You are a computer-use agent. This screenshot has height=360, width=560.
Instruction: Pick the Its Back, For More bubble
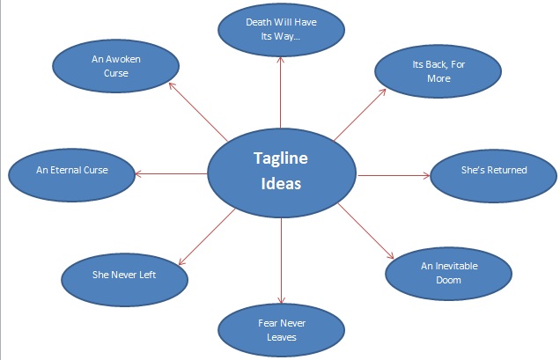tap(432, 71)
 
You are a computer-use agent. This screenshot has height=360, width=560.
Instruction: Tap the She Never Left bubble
tap(126, 276)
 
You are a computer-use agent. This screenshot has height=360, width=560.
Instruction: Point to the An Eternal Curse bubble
tap(72, 170)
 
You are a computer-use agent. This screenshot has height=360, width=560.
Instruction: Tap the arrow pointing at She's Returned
tap(392, 174)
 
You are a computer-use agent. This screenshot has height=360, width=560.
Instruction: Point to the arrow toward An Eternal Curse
tap(171, 173)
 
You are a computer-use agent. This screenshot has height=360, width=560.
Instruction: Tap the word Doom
tap(440, 281)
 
